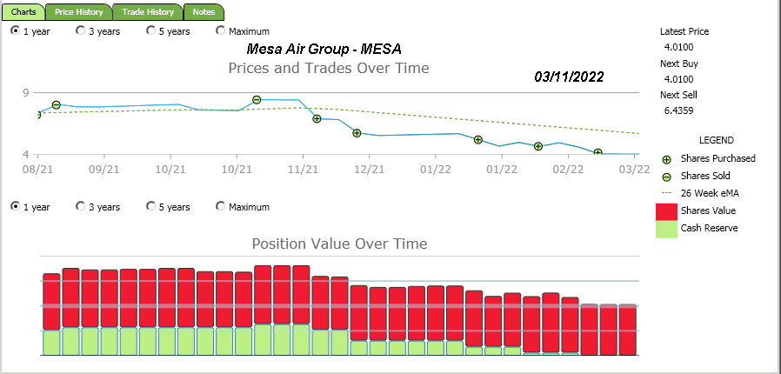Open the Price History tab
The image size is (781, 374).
tap(78, 12)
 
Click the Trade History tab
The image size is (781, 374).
tap(148, 12)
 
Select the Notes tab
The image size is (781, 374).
tap(204, 12)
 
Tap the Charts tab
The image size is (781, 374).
tap(23, 12)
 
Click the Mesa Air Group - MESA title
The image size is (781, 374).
tap(324, 50)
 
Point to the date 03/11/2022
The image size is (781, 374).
tap(570, 77)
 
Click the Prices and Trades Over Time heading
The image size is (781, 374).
tap(328, 68)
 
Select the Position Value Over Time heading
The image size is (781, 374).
tap(339, 244)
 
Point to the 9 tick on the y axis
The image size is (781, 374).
tap(26, 93)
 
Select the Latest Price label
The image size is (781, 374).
tap(684, 31)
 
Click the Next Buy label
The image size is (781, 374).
tap(679, 63)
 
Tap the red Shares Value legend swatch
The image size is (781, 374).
tap(666, 210)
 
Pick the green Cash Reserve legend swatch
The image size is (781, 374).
tap(666, 229)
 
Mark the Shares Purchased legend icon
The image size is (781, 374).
tap(667, 159)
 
